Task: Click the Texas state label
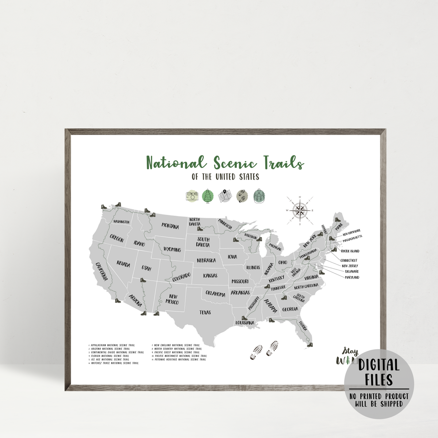click(205, 312)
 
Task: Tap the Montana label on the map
click(170, 226)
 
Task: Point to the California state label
click(101, 271)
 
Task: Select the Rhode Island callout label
click(350, 251)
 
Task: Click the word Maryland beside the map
click(352, 277)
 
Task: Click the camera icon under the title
click(191, 196)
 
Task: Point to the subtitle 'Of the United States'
click(225, 177)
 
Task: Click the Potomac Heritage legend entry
click(180, 360)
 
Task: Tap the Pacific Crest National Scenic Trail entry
click(177, 352)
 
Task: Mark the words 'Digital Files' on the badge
click(379, 372)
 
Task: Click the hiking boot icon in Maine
click(337, 220)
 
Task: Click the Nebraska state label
click(206, 261)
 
